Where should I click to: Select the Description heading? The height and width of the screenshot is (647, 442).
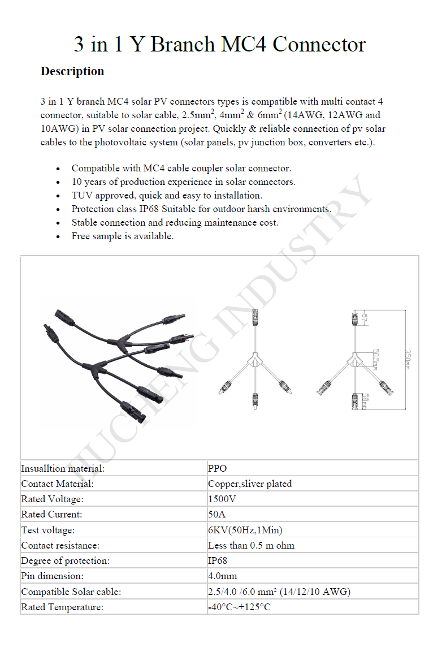click(72, 71)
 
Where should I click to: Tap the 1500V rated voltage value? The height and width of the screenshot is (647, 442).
click(222, 499)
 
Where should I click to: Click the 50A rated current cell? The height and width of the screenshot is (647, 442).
click(216, 514)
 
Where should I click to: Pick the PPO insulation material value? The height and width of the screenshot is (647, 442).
click(218, 468)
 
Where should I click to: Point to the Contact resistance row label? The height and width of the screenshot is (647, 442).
click(60, 545)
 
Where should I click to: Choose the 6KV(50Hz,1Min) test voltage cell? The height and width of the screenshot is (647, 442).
click(245, 530)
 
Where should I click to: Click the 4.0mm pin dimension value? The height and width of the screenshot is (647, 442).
click(223, 576)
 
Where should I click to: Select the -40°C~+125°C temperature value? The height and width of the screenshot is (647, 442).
click(239, 607)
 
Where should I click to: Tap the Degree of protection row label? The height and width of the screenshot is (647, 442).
click(65, 560)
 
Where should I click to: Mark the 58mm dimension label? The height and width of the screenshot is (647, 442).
click(365, 400)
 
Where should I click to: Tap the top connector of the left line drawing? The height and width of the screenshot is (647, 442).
click(254, 317)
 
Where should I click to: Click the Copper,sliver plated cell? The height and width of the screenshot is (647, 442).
click(250, 484)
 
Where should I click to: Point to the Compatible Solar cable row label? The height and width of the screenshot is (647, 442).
click(71, 592)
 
